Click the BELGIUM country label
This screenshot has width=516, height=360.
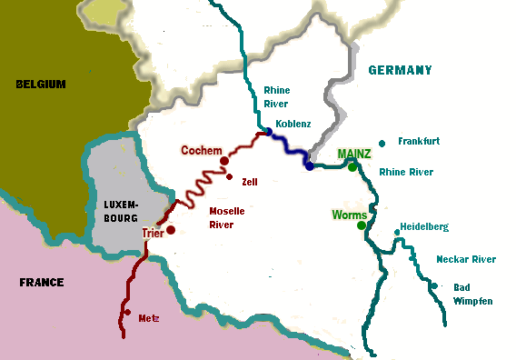pyautogui.click(x=41, y=84)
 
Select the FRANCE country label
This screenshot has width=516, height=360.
pyautogui.click(x=42, y=283)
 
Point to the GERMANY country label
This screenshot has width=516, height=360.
pyautogui.click(x=400, y=70)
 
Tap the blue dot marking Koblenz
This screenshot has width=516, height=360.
pyautogui.click(x=268, y=132)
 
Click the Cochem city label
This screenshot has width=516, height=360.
pyautogui.click(x=202, y=150)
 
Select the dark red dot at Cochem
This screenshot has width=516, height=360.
pyautogui.click(x=224, y=161)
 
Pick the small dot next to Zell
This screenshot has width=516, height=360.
pyautogui.click(x=230, y=177)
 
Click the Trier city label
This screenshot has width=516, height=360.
pyautogui.click(x=152, y=234)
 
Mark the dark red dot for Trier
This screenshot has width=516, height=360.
pyautogui.click(x=170, y=230)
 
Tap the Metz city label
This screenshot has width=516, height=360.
pyautogui.click(x=148, y=319)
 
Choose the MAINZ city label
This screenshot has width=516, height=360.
pyautogui.click(x=353, y=154)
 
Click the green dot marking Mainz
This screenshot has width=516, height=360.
pyautogui.click(x=352, y=167)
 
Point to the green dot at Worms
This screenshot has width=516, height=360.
pyautogui.click(x=362, y=225)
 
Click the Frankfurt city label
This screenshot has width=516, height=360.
pyautogui.click(x=419, y=142)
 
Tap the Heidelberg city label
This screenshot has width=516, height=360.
pyautogui.click(x=424, y=226)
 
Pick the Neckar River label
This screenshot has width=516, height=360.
pyautogui.click(x=466, y=259)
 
